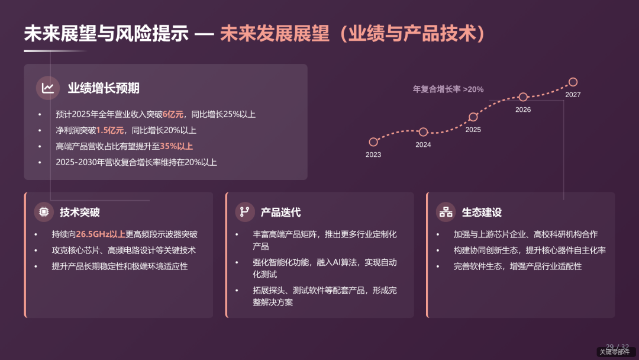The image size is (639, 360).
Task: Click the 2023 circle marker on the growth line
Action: coord(373,142)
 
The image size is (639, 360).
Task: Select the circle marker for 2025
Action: coord(473,117)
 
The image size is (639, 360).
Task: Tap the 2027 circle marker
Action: coord(573,82)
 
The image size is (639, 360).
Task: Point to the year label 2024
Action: coord(423,145)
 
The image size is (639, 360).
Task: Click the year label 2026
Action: coord(523,110)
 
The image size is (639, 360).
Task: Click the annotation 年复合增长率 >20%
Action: coord(448,89)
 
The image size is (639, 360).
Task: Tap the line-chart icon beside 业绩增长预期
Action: coord(48,88)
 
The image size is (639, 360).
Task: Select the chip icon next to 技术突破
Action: coord(44,212)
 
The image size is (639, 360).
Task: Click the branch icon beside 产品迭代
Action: coord(244,212)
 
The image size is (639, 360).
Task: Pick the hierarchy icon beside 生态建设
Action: coord(445,212)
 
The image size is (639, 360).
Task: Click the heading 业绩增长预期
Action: coord(104,89)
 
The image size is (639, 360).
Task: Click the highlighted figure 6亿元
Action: coord(173,115)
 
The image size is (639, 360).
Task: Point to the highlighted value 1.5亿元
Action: coord(110,130)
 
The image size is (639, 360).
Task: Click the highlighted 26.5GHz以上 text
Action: coord(101,234)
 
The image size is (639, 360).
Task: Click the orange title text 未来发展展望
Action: coord(275,33)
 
